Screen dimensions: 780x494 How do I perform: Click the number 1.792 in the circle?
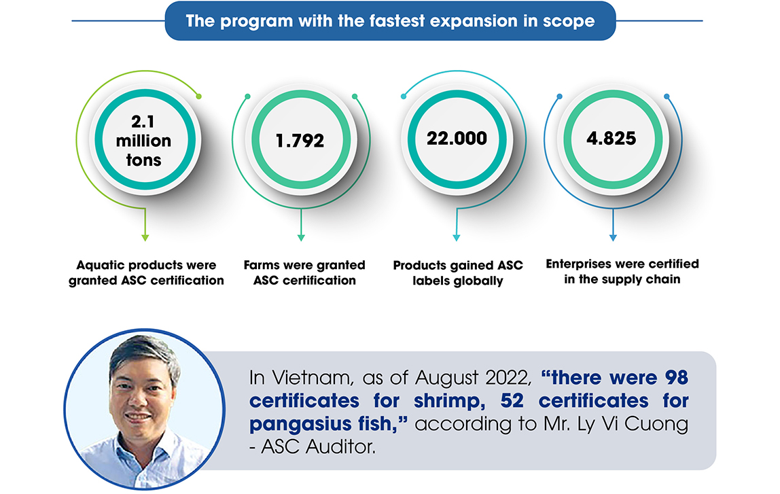[x=300, y=141]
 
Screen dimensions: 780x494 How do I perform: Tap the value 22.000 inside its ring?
[x=457, y=139]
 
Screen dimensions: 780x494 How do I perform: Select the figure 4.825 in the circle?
[x=611, y=139]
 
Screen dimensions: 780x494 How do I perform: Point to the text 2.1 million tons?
[x=143, y=141]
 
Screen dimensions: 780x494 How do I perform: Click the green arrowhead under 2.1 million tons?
[x=145, y=238]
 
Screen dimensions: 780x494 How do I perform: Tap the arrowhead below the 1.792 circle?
[x=301, y=238]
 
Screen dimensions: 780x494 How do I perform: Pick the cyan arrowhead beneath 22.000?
[x=456, y=238]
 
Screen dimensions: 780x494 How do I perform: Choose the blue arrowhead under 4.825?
[x=613, y=238]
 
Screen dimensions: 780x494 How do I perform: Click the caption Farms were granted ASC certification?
[x=304, y=272]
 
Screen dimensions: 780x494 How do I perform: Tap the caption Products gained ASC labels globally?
[x=458, y=273]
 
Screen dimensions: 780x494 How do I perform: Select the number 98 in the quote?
[x=677, y=378]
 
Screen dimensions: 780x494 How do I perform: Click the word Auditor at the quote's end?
[x=340, y=446]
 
